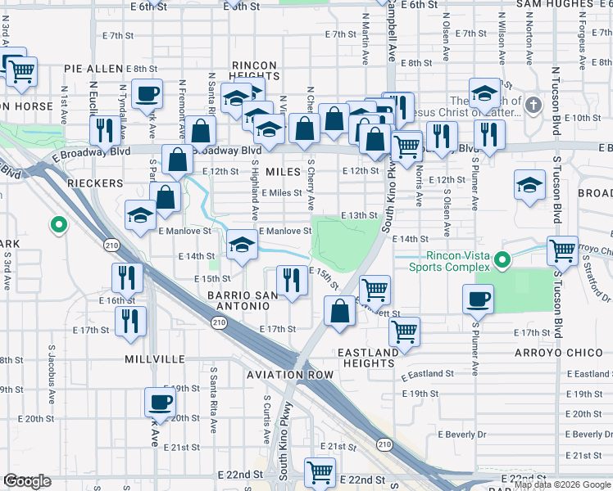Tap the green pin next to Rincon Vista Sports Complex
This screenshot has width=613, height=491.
[x=504, y=261]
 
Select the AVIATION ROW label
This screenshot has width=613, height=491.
[x=290, y=374]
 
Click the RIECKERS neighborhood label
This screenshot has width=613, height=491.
[x=96, y=183]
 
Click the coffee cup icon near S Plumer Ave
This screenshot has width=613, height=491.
[x=478, y=300]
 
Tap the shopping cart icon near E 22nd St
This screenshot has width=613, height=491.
[x=319, y=472]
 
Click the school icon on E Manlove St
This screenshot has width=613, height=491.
[x=240, y=245]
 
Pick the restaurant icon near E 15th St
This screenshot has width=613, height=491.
[x=292, y=281]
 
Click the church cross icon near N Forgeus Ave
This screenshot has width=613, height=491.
[x=534, y=105]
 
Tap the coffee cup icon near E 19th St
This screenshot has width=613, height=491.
[x=159, y=403]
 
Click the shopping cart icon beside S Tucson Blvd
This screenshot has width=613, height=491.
[x=561, y=250]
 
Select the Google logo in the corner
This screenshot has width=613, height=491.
[x=27, y=481]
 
